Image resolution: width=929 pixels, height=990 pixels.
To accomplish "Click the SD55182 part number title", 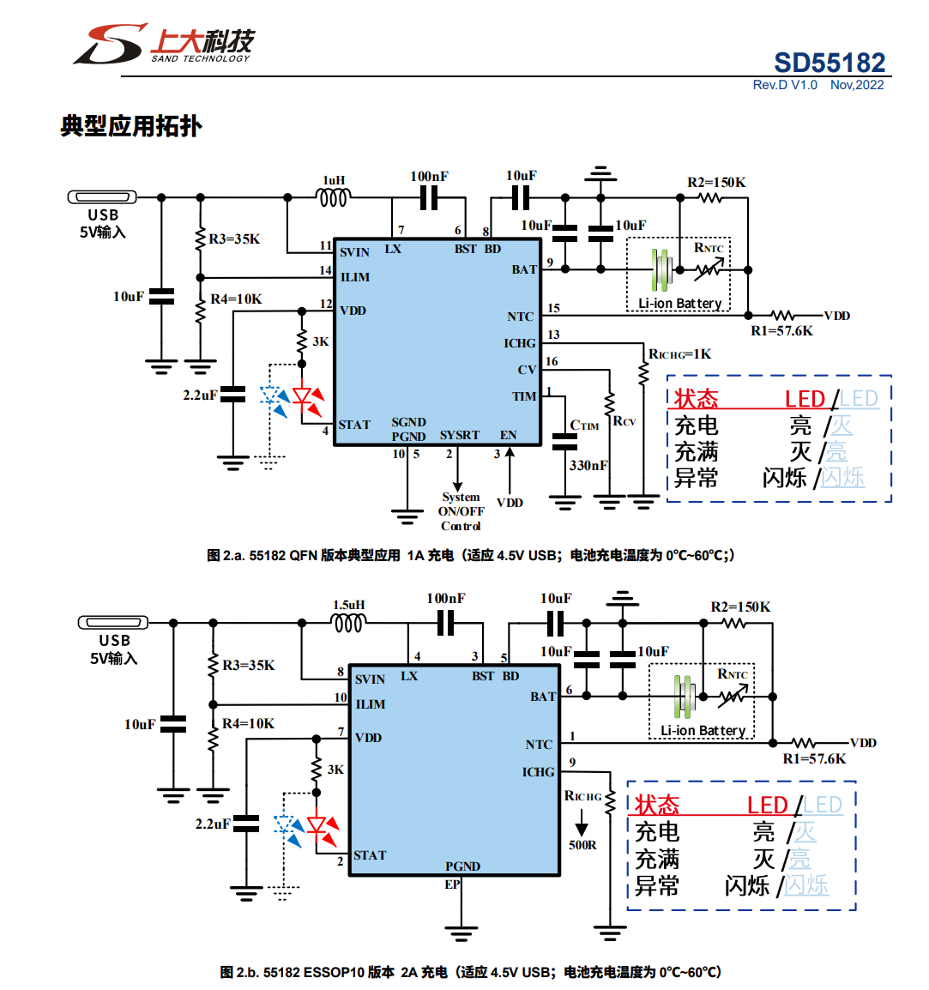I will [829, 63].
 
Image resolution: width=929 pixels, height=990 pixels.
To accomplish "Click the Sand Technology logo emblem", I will [111, 44].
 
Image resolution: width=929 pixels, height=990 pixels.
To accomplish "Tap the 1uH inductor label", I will [334, 181].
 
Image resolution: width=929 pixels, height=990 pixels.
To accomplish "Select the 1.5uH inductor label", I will [348, 605].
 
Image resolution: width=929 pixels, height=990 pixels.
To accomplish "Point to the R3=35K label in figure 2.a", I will [234, 239].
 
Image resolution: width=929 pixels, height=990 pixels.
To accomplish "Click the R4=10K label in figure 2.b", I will [248, 724].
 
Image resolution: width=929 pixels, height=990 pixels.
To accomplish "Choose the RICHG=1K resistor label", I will [679, 354].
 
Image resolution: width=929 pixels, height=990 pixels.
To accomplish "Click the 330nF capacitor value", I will [588, 466].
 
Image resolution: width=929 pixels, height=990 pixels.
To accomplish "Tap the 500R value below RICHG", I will [582, 845].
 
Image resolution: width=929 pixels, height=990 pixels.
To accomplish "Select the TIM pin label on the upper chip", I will [524, 396].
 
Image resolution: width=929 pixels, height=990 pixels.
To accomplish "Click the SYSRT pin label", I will [459, 435].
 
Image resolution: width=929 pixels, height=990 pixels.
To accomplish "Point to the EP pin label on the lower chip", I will [452, 884].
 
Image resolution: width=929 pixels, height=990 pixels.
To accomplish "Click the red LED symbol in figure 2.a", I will [302, 396].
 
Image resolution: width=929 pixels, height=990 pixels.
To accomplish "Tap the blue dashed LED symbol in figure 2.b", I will [285, 826].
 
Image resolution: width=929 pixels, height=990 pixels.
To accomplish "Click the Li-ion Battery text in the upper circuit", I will [679, 304].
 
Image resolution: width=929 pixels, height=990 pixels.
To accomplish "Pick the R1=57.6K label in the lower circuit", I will [814, 759].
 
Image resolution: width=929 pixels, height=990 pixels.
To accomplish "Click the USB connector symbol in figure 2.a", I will [102, 197].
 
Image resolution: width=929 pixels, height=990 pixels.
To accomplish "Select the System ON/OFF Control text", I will [461, 511].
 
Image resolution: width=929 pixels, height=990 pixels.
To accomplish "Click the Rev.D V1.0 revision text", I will [785, 85].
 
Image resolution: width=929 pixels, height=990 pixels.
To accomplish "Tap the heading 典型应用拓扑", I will [131, 126].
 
